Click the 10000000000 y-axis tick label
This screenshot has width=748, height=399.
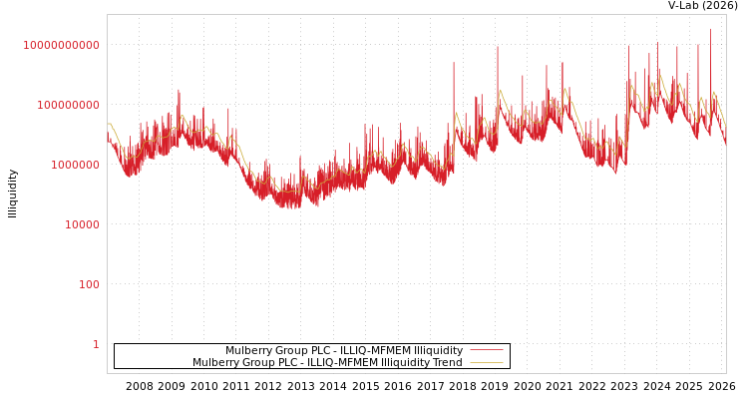[x=61, y=45]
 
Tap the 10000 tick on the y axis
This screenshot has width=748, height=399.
[x=82, y=224]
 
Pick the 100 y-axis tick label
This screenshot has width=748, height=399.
[x=89, y=284]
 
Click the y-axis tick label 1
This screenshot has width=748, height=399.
[x=96, y=344]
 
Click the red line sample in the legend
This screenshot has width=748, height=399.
[x=487, y=350]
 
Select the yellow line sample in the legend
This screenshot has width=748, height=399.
[x=487, y=362]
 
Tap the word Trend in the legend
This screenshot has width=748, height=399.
[x=446, y=362]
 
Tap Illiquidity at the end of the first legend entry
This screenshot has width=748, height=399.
[x=437, y=350]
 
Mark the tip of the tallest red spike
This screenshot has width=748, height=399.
[x=711, y=28]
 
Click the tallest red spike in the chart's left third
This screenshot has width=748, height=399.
[x=180, y=91]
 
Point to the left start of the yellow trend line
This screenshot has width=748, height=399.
[x=108, y=124]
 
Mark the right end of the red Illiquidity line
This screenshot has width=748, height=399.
[x=725, y=145]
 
